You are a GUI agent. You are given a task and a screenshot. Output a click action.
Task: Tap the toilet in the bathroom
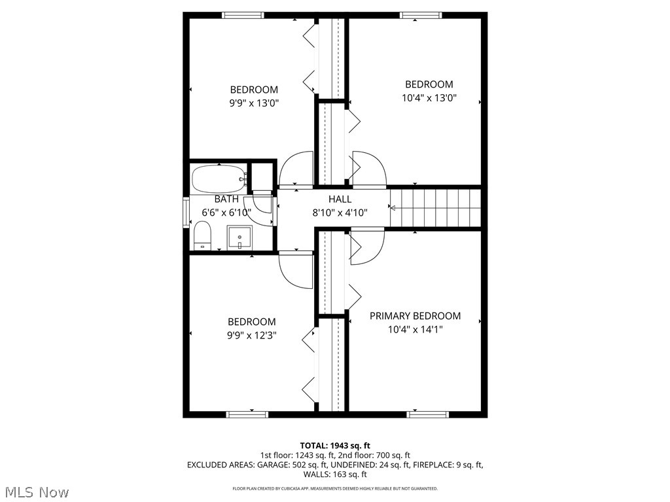[202, 235]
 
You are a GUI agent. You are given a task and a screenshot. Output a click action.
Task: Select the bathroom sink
[239, 237]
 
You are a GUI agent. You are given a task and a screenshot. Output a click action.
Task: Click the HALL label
[340, 199]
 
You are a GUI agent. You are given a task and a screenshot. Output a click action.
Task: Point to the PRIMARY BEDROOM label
[415, 316]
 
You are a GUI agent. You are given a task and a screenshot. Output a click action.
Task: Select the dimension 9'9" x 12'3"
[251, 336]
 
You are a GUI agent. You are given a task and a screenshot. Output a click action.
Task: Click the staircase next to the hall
[435, 208]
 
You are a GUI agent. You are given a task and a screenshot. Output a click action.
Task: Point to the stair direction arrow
[393, 208]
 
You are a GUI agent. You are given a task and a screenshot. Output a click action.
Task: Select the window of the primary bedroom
[427, 414]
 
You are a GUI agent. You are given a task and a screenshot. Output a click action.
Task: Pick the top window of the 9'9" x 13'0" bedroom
[243, 15]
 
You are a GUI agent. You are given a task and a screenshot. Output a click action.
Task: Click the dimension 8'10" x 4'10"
[340, 213]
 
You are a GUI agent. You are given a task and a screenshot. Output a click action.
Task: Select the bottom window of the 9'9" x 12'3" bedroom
[247, 414]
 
